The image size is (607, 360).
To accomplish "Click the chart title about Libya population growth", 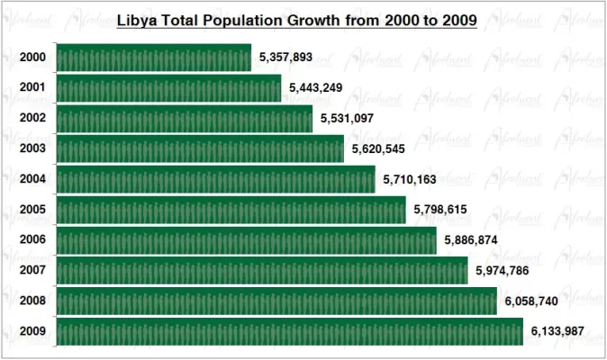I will (297, 19).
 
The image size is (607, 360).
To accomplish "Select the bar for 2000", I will (154, 58).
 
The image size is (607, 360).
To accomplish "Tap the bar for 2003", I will (200, 148).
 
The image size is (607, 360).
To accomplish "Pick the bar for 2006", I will (246, 240).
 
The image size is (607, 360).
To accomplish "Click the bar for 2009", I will (289, 331).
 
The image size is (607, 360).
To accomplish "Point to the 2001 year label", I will (32, 88).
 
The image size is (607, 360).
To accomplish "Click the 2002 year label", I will (32, 119).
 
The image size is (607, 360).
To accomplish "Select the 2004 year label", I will (32, 179).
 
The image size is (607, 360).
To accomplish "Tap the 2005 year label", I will (32, 210).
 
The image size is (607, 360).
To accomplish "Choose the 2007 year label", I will (32, 271).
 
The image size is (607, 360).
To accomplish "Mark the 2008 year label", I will (32, 301).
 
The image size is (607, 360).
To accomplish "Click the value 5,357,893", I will (285, 58).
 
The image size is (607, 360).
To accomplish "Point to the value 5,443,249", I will (316, 88).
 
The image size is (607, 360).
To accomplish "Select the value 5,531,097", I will (347, 119).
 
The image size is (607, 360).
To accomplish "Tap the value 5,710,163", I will (410, 180).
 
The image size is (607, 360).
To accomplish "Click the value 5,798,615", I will (440, 210).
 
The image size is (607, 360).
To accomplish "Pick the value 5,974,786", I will (503, 271).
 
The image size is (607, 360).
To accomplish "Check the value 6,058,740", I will (531, 301).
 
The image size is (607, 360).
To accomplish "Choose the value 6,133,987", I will (557, 332).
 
